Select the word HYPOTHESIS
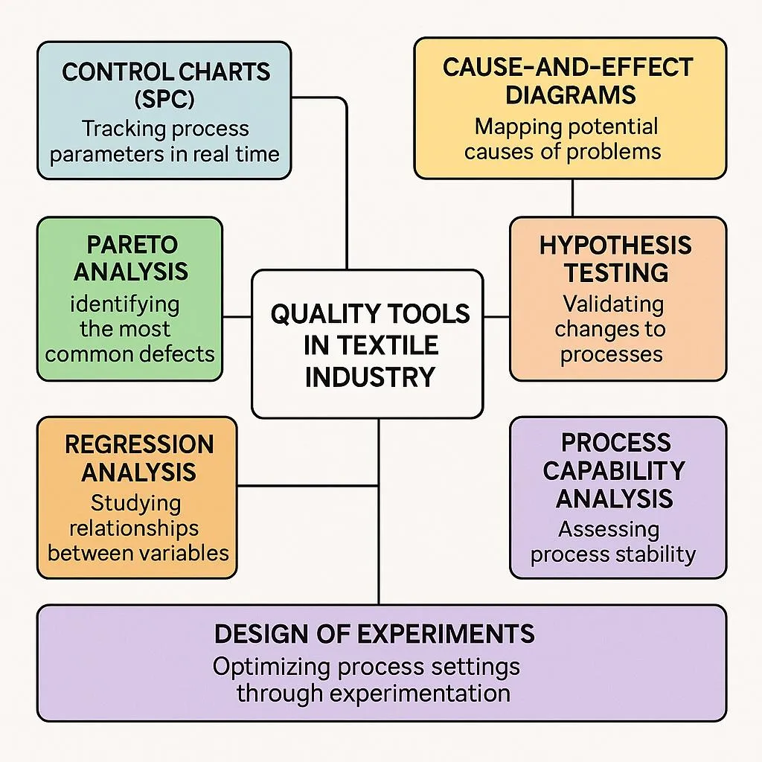click(615, 246)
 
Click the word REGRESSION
click(139, 444)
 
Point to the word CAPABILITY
click(614, 470)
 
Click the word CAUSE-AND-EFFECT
click(568, 67)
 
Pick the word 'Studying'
click(137, 503)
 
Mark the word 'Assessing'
click(609, 530)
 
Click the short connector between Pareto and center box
click(237, 316)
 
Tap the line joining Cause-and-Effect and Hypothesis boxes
click(572, 197)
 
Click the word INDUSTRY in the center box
click(370, 377)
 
